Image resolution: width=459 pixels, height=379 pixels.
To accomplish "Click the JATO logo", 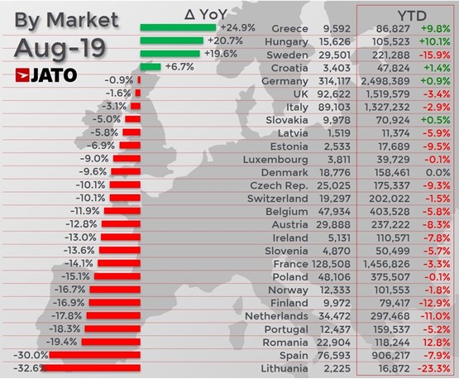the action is pyautogui.click(x=46, y=75).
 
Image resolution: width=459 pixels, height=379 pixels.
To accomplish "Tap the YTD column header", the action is pyautogui.click(x=412, y=16).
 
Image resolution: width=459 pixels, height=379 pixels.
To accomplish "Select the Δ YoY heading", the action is pyautogui.click(x=206, y=14).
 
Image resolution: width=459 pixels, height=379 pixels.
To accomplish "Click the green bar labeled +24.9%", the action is pyautogui.click(x=178, y=27).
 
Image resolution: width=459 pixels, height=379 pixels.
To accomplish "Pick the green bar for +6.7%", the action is pyautogui.click(x=151, y=67).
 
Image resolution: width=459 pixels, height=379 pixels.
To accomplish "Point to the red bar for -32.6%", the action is pyautogui.click(x=91, y=368).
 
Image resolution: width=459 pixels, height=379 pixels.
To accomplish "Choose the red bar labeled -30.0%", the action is pyautogui.click(x=95, y=355).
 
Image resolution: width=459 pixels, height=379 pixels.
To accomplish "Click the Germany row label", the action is pyautogui.click(x=284, y=81).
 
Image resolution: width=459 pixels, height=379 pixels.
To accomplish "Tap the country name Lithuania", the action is pyautogui.click(x=284, y=368).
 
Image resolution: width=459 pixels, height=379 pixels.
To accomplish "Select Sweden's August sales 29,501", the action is pyautogui.click(x=335, y=55).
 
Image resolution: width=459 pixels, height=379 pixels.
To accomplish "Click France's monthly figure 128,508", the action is pyautogui.click(x=331, y=264).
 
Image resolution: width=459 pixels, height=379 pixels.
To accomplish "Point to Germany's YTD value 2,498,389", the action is pyautogui.click(x=385, y=81).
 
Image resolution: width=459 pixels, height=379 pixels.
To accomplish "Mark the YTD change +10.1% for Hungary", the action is pyautogui.click(x=434, y=41).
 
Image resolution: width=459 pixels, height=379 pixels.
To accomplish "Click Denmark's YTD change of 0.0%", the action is pyautogui.click(x=438, y=172).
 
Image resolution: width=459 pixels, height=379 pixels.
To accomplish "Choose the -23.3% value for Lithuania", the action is pyautogui.click(x=433, y=368).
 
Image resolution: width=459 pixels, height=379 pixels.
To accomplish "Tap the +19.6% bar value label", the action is pyautogui.click(x=221, y=54).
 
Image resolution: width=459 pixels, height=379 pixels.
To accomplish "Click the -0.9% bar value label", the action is pyautogui.click(x=119, y=80).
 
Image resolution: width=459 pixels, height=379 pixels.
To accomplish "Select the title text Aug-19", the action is pyautogui.click(x=60, y=48).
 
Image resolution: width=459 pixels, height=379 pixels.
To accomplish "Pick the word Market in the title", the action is pyautogui.click(x=83, y=20).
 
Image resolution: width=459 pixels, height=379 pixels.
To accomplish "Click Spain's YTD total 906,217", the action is pyautogui.click(x=390, y=355).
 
